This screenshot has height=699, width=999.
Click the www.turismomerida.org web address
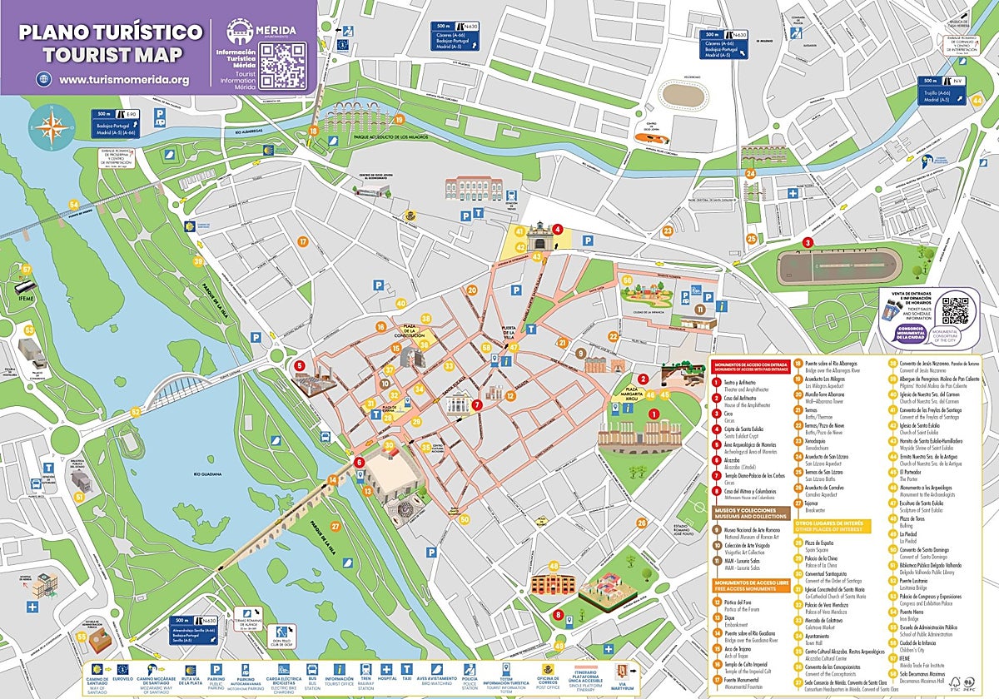pyautogui.click(x=124, y=80)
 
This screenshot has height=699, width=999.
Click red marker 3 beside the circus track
pyautogui.click(x=807, y=242)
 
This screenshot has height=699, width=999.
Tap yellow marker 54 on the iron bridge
pyautogui.click(x=74, y=205)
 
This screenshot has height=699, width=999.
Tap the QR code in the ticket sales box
pyautogui.click(x=956, y=310)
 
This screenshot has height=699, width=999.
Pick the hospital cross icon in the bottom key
pyautogui.click(x=385, y=669)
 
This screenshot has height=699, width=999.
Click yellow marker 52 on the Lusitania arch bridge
pyautogui.click(x=136, y=411)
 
